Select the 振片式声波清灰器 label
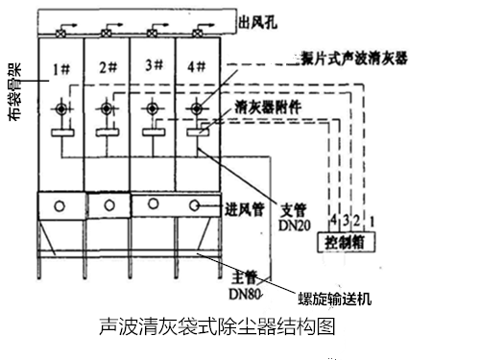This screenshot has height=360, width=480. (x=348, y=59)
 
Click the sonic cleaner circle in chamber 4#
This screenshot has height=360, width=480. (x=198, y=108)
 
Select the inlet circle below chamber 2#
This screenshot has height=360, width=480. (x=108, y=204)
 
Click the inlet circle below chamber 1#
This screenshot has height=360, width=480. (x=60, y=204)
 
